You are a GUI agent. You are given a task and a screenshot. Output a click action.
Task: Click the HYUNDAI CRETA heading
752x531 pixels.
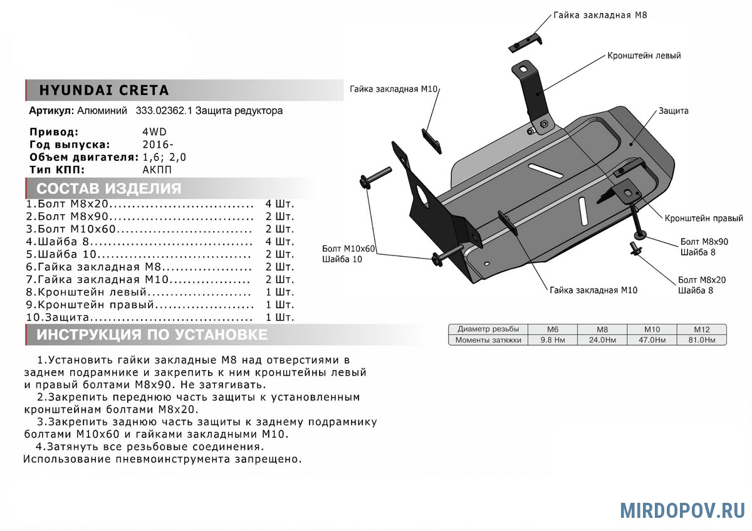tap(104, 90)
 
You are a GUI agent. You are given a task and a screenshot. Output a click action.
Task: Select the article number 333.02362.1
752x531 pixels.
tap(164, 111)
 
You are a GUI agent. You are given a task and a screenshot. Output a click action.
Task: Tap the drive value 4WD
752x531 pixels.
tap(155, 132)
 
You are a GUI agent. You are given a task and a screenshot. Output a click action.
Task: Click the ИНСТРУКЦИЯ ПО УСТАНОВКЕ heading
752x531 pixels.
tap(152, 334)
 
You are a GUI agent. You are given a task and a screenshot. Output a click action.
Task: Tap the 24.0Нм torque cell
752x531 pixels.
tap(602, 340)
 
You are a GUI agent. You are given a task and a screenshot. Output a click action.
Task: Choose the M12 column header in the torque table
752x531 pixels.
tap(701, 329)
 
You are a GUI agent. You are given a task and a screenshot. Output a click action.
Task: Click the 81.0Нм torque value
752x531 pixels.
tap(701, 340)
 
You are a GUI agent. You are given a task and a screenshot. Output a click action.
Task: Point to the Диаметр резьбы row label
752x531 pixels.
tap(488, 329)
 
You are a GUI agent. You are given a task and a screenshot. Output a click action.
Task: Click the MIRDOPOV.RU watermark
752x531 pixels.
tap(682, 510)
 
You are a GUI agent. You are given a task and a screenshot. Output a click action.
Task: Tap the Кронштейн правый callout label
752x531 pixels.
tap(704, 219)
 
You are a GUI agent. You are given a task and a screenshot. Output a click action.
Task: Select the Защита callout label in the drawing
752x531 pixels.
tap(674, 111)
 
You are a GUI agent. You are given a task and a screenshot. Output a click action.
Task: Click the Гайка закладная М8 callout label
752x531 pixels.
tap(600, 14)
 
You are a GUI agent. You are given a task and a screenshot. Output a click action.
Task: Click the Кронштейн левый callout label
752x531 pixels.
tap(644, 56)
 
